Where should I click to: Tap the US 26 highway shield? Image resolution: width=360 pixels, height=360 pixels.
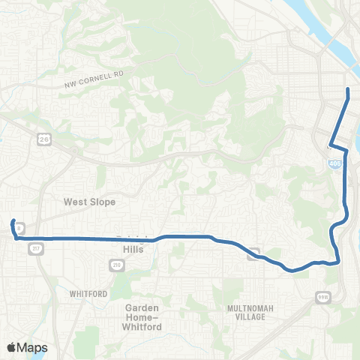coord(46,138)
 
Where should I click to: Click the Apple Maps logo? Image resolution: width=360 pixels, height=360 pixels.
coord(27,347)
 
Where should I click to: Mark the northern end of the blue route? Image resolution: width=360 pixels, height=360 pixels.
coord(347,90)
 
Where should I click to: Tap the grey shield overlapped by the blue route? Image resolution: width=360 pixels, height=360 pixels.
coord(254,253)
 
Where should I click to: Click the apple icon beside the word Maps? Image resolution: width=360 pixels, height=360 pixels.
coord(11,347)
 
